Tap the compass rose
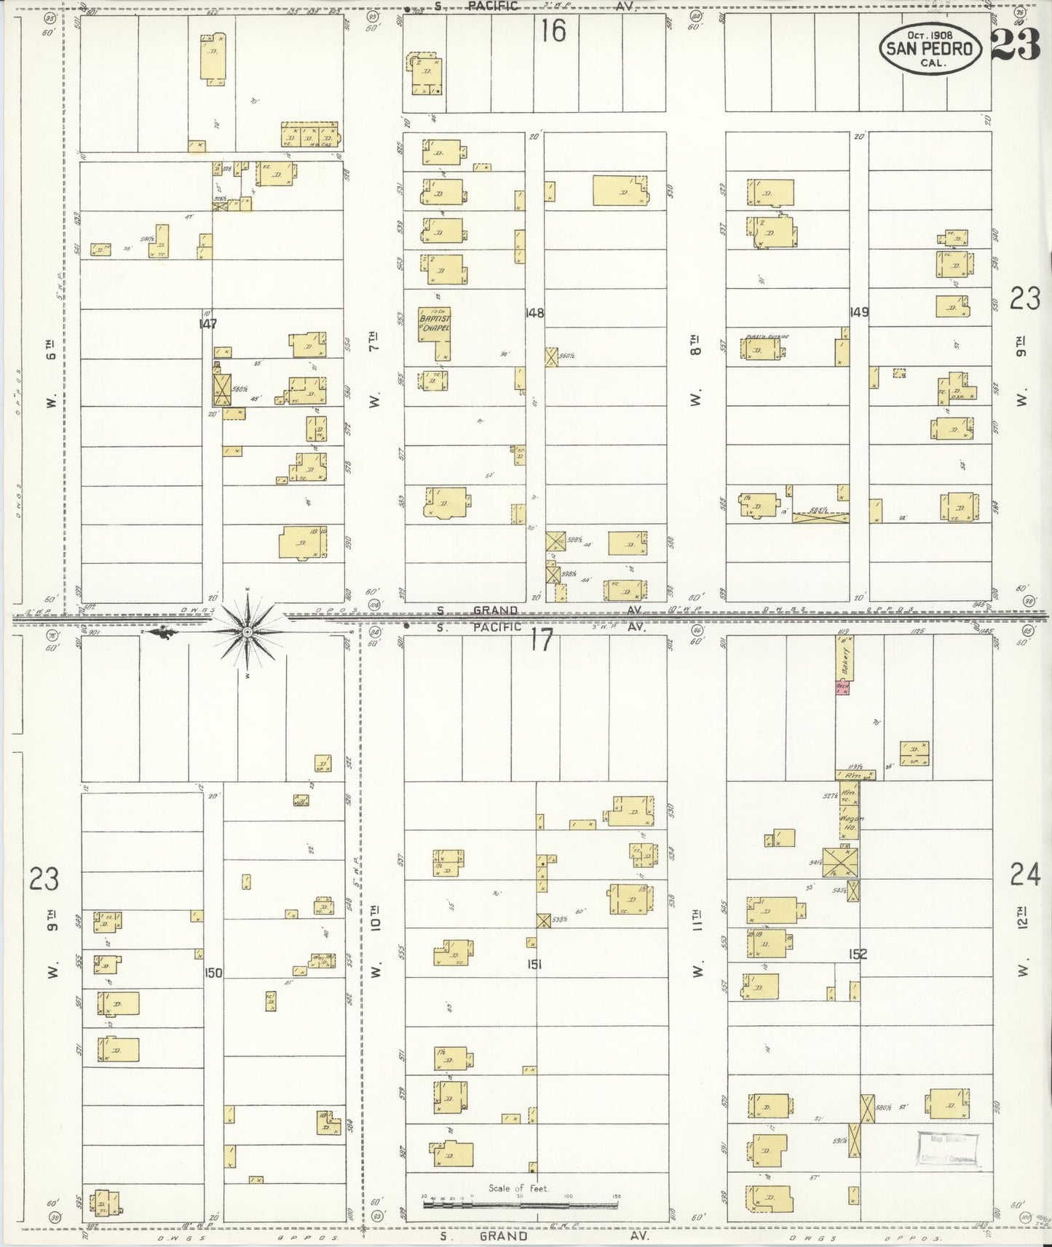click(248, 632)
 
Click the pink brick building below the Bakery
click(843, 688)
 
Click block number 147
click(208, 324)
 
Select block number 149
click(859, 312)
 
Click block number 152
click(858, 954)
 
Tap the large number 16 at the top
click(553, 31)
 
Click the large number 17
click(542, 640)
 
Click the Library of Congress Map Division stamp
click(949, 1149)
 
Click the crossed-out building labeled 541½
click(840, 862)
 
